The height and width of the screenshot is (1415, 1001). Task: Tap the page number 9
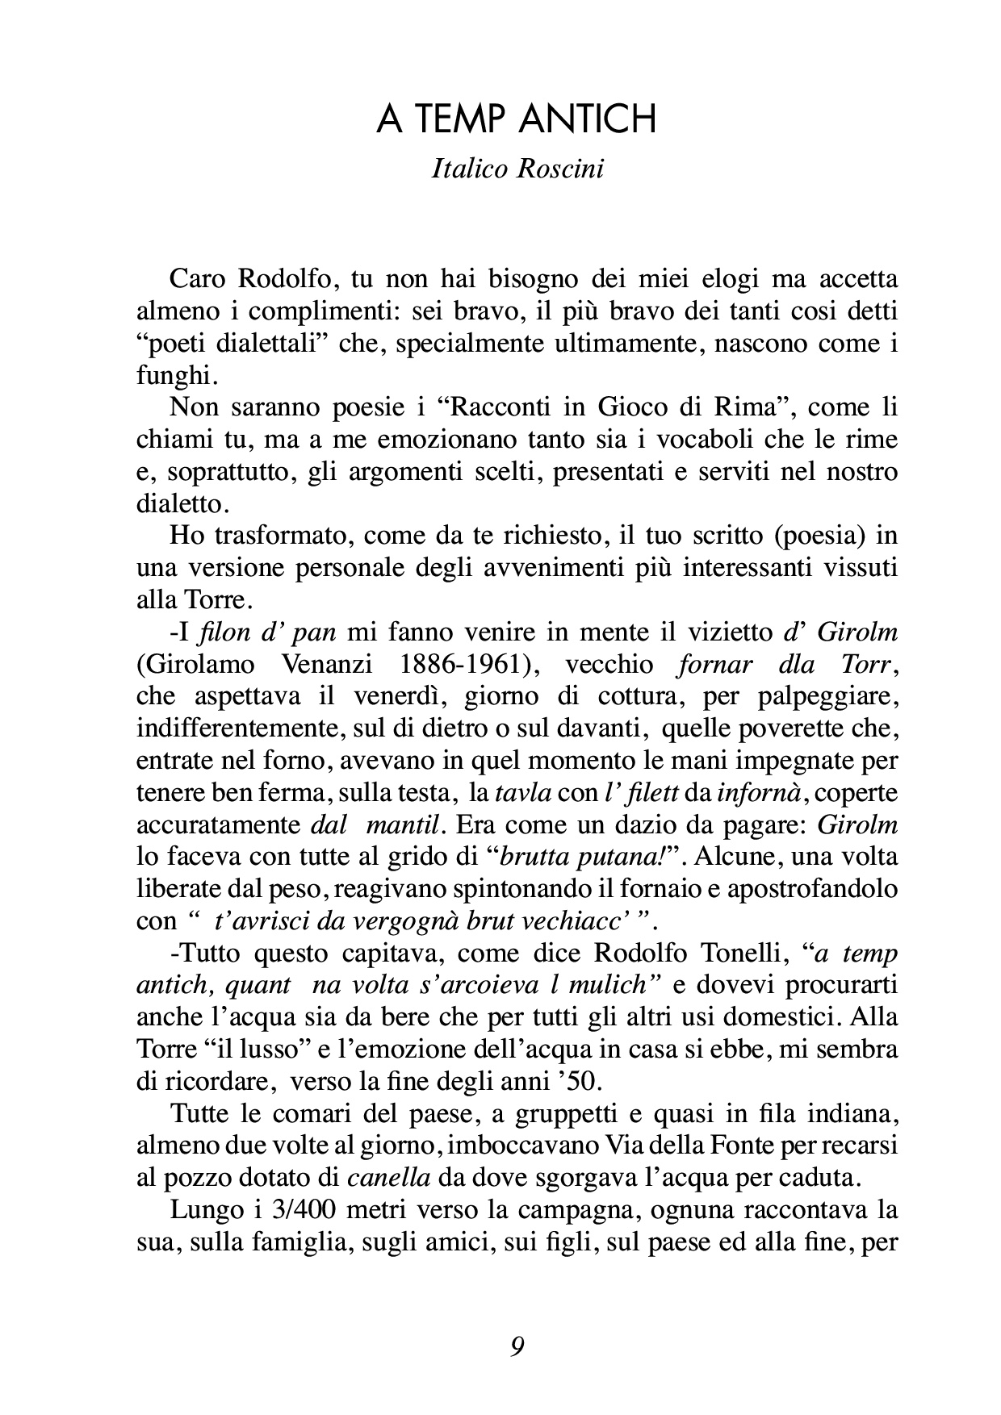click(517, 1346)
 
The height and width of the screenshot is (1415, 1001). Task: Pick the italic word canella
click(388, 1178)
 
